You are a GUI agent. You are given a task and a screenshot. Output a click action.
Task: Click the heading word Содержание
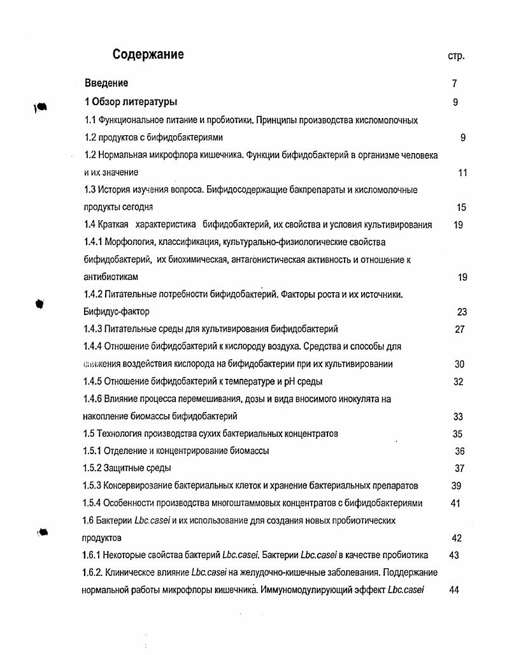pos(148,55)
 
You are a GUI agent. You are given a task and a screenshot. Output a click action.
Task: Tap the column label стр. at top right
pos(456,56)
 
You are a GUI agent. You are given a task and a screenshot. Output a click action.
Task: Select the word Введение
pos(106,83)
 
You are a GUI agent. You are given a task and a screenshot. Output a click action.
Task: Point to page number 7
pos(455,84)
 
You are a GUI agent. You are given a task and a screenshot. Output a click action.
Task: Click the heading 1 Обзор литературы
pos(131,102)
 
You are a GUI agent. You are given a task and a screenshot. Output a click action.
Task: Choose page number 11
pos(462,173)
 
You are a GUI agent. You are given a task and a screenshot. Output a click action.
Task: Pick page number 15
pos(462,207)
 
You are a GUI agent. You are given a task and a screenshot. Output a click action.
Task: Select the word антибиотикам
pos(111,277)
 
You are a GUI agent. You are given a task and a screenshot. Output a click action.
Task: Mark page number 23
pos(462,312)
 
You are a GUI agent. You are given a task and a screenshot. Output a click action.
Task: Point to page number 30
pos(459,364)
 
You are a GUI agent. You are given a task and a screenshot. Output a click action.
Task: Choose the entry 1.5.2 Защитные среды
pos(127,468)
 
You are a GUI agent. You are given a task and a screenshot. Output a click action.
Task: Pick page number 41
pos(455,503)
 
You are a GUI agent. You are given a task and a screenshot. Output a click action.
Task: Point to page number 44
pos(454,590)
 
